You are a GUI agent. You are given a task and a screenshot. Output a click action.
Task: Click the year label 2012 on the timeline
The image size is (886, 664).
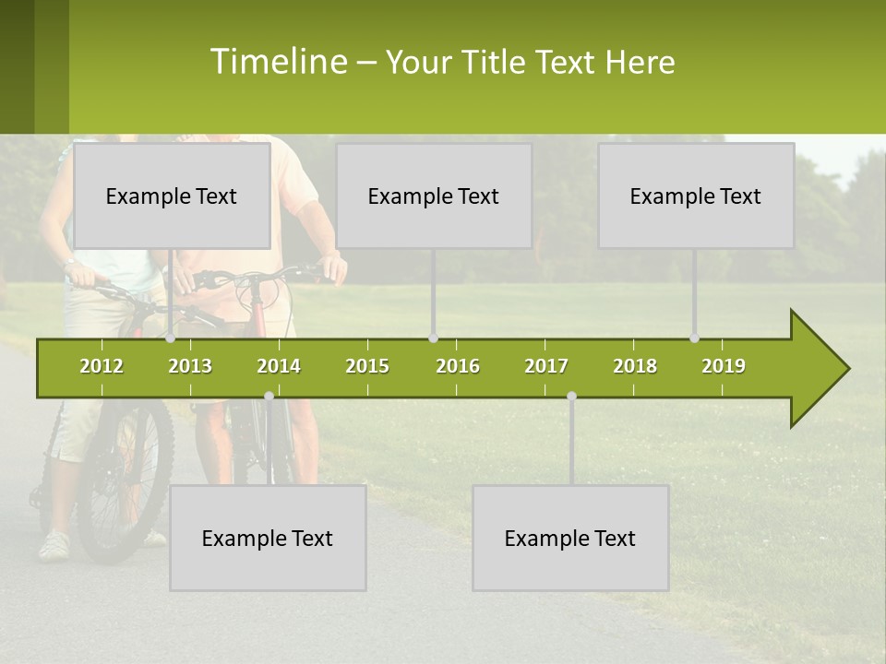click(x=102, y=366)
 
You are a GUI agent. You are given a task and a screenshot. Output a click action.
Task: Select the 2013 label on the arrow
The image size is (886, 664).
click(x=190, y=366)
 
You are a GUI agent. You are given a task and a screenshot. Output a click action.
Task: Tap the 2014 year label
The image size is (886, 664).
click(x=279, y=366)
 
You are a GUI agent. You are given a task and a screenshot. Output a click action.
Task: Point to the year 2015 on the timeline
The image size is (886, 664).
click(x=367, y=366)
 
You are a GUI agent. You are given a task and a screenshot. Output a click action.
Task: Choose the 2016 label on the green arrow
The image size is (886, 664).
click(x=458, y=366)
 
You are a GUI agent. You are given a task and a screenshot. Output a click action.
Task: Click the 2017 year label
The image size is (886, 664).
click(x=546, y=366)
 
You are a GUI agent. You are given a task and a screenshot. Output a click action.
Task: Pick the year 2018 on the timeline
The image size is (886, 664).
click(x=635, y=366)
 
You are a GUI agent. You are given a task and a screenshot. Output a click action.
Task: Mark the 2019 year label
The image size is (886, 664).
click(x=724, y=366)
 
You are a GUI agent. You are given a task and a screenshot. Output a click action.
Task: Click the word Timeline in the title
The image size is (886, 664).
click(x=278, y=62)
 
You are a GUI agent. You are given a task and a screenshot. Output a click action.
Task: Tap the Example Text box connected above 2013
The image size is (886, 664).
click(x=172, y=196)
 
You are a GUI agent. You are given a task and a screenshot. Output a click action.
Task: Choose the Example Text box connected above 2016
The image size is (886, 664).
click(x=434, y=196)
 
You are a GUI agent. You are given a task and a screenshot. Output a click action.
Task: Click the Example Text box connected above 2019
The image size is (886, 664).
click(x=696, y=196)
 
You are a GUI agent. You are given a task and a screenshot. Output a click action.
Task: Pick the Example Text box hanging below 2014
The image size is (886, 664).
click(x=268, y=538)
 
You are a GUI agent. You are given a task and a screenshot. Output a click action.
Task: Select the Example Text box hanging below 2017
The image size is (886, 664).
click(x=570, y=538)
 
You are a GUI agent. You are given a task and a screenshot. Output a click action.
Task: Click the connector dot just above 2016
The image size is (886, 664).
click(x=434, y=338)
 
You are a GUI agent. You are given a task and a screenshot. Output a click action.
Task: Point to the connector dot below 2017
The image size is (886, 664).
click(x=571, y=397)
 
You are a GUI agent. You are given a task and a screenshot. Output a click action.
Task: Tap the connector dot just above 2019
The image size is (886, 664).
click(x=695, y=338)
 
